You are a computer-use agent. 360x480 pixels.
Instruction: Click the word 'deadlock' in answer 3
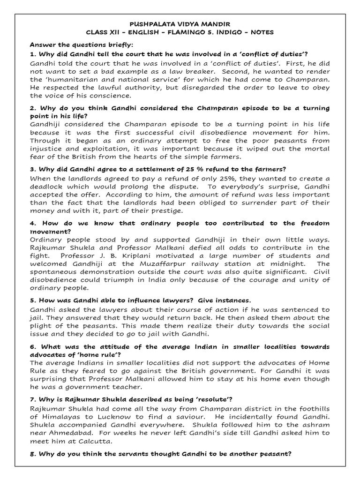[47, 187]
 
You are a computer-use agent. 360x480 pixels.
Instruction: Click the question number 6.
[32, 346]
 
